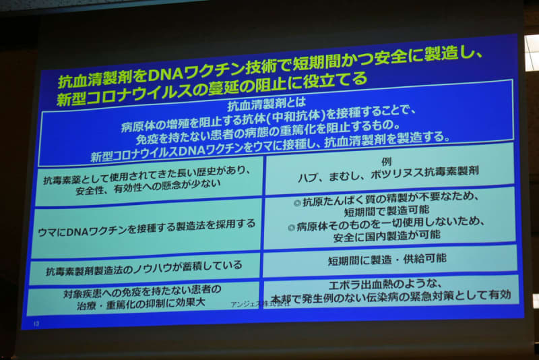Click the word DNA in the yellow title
(166, 74)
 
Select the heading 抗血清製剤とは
(266, 104)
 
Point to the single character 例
(386, 162)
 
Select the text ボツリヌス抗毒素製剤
(424, 173)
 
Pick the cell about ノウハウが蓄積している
(144, 269)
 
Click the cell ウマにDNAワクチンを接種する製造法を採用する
(146, 228)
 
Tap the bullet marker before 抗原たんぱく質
(297, 203)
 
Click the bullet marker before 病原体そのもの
(292, 228)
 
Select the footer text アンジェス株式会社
(260, 304)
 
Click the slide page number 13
(36, 323)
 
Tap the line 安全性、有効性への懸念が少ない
(148, 187)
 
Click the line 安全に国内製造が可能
(387, 236)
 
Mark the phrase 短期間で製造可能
(387, 210)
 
